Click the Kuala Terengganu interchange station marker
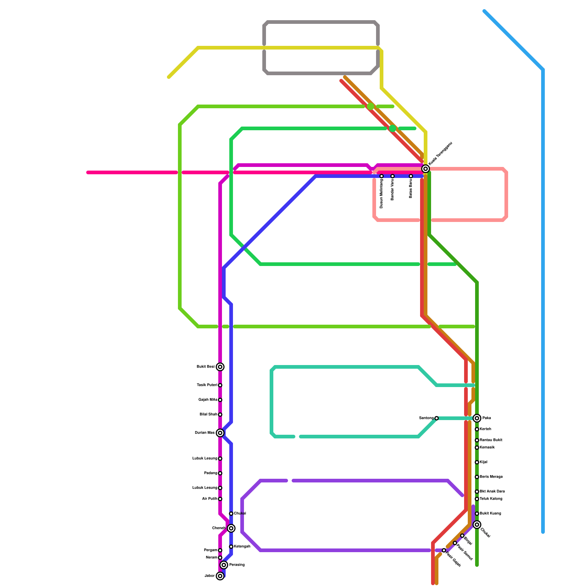click(x=426, y=169)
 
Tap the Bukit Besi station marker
click(x=220, y=367)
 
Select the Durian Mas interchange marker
click(x=220, y=433)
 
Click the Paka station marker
click(x=477, y=418)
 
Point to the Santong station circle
click(x=437, y=418)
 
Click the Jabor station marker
click(x=220, y=576)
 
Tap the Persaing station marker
click(x=224, y=565)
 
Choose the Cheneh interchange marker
click(x=231, y=528)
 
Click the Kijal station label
click(x=484, y=462)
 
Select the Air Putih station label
click(x=209, y=499)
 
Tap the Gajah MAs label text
click(x=208, y=400)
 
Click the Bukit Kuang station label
click(x=490, y=514)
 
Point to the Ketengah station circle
click(x=231, y=547)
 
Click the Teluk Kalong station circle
click(x=477, y=499)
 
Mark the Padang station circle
click(x=220, y=473)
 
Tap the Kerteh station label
click(x=485, y=429)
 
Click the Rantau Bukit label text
click(x=491, y=440)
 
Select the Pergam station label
click(x=210, y=550)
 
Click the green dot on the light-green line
click(x=371, y=106)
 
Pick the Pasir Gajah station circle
click(x=444, y=550)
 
